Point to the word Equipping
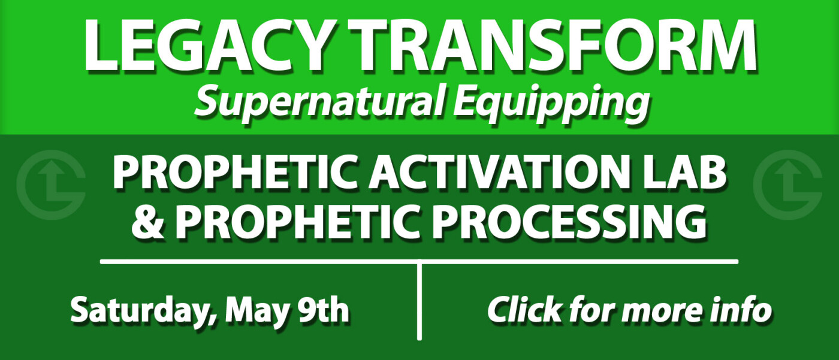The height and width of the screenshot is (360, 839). point(551,103)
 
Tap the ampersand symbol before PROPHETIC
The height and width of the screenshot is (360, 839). point(147,222)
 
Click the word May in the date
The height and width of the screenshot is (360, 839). point(257,311)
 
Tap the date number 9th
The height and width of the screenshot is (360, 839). point(323,310)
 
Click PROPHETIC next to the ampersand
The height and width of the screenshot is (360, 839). point(298,222)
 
